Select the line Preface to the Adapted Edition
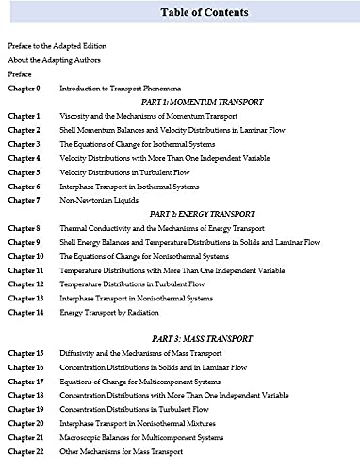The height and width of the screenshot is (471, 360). (57, 45)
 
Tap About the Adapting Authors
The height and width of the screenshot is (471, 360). (54, 59)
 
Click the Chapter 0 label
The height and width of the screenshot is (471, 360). (24, 88)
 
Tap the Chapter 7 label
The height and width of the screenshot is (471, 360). (24, 200)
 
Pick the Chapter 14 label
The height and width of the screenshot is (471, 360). (25, 312)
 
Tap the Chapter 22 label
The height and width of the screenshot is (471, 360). (25, 452)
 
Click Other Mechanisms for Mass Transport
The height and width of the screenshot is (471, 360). (123, 452)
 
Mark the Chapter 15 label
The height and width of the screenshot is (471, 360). (25, 353)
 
